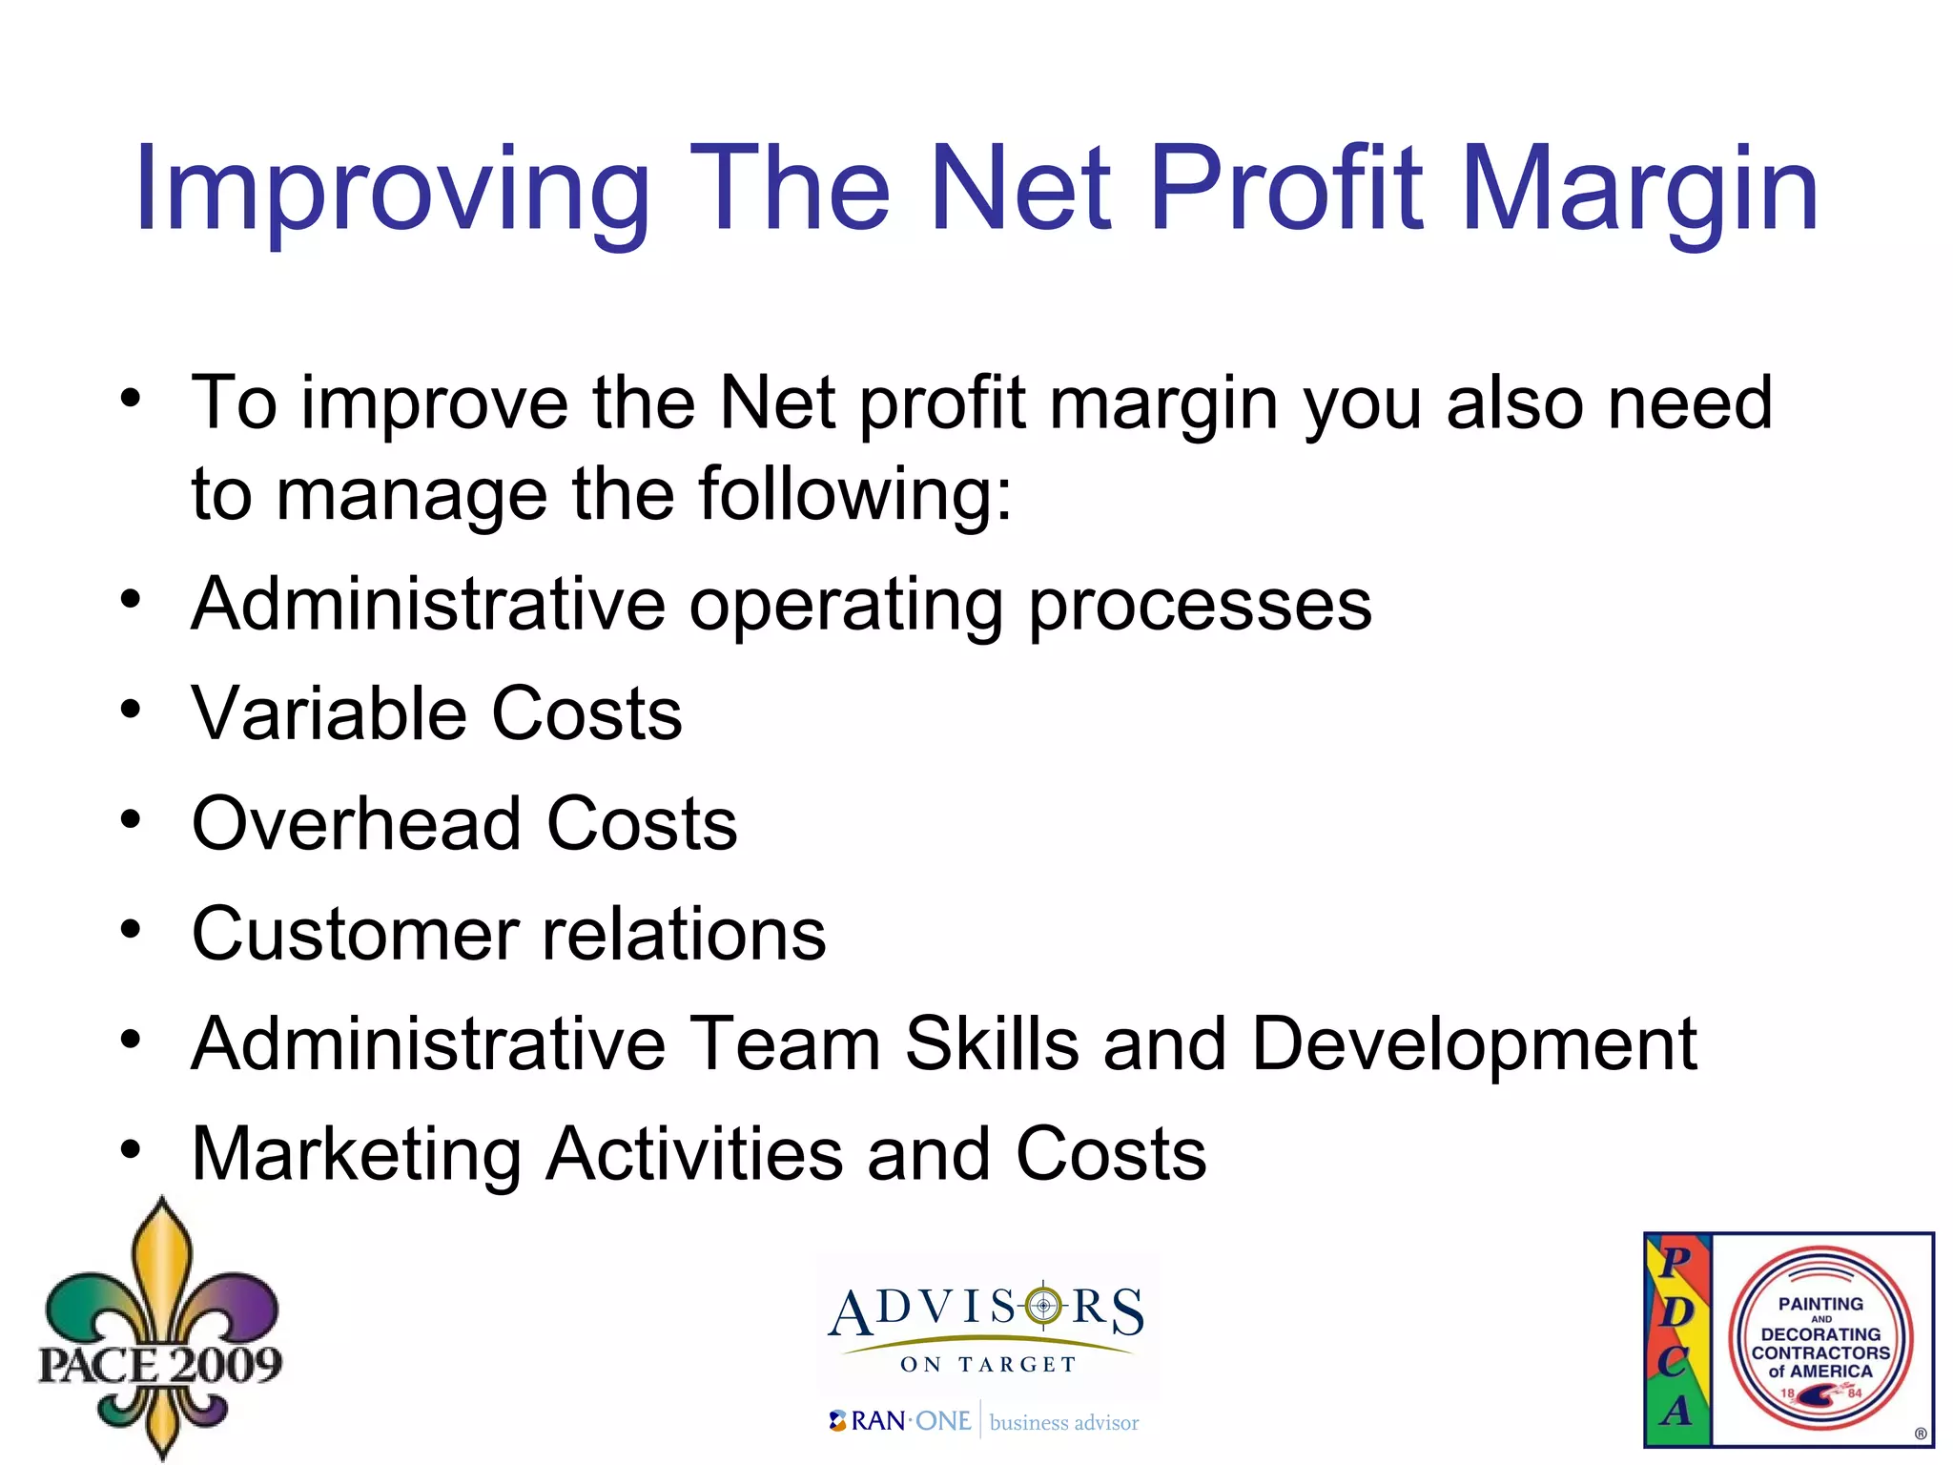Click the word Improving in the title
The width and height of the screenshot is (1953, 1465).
tap(391, 191)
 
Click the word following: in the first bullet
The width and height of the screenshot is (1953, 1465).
tap(854, 496)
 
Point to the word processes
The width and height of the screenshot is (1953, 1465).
tap(1200, 607)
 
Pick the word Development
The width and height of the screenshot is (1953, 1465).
tap(1473, 1045)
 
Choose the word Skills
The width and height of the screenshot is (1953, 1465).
tap(992, 1043)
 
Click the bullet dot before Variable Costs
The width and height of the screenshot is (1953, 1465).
tap(131, 709)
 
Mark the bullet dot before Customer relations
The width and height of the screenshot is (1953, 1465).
tap(131, 928)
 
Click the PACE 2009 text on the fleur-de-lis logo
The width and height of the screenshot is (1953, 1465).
tap(160, 1365)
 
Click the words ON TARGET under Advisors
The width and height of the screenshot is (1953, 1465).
tap(988, 1365)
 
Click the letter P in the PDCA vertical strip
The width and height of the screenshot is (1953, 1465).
tap(1675, 1261)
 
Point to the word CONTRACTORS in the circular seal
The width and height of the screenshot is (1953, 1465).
tap(1820, 1352)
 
